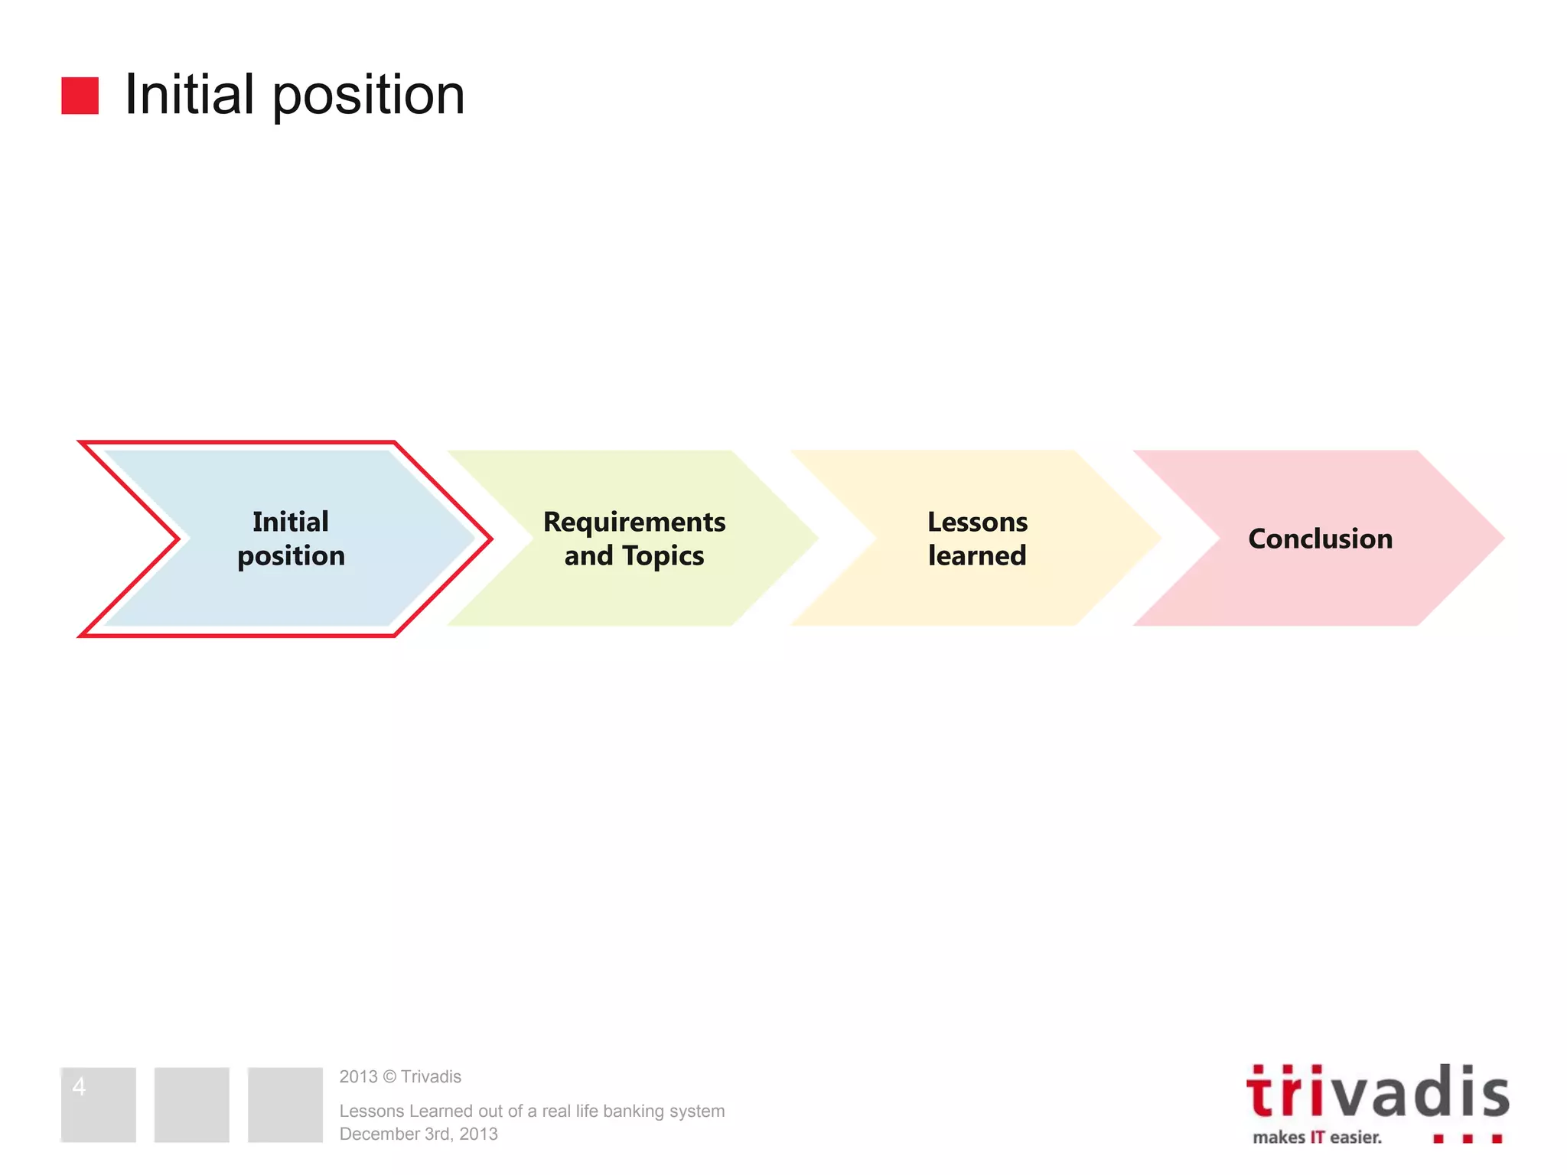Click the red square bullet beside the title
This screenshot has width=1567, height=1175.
point(80,96)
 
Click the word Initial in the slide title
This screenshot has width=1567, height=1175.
point(189,95)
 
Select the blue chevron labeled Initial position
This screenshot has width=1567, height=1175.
point(291,539)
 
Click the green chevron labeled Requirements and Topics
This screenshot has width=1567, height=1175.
point(634,539)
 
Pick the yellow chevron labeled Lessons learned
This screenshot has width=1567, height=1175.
point(977,539)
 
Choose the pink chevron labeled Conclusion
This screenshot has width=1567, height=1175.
point(1320,539)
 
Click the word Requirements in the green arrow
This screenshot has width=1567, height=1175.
point(634,522)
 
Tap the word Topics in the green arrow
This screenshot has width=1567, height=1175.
point(663,556)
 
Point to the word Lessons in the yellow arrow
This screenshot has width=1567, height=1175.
point(977,522)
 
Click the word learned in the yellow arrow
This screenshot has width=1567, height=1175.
point(977,556)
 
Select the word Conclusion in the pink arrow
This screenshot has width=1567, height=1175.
point(1320,539)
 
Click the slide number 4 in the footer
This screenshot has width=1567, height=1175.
point(79,1086)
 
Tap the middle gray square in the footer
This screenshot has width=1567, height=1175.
point(191,1105)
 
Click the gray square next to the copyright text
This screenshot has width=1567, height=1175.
point(285,1105)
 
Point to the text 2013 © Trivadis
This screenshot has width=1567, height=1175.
point(400,1076)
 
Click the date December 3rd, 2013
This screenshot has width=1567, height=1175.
point(419,1134)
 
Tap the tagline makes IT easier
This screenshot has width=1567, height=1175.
point(1317,1138)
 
